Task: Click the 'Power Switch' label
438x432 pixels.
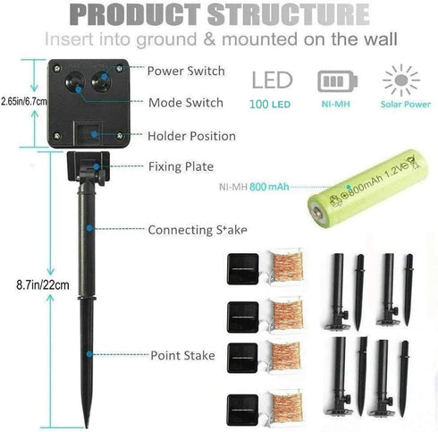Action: click(186, 71)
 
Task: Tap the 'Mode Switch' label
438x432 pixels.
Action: click(186, 103)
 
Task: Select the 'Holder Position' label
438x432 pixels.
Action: click(191, 136)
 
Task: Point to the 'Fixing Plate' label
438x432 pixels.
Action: click(181, 166)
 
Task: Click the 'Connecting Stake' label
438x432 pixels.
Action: click(198, 230)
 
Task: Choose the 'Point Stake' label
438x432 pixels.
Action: click(182, 355)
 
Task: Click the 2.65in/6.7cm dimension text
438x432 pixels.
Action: click(24, 102)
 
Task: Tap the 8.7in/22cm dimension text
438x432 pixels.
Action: click(43, 285)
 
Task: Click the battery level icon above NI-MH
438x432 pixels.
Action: click(337, 81)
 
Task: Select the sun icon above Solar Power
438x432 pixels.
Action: click(401, 80)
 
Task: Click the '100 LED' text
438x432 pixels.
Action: click(270, 105)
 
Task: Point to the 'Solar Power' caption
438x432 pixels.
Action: click(406, 104)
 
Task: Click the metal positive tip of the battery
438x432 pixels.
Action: click(316, 213)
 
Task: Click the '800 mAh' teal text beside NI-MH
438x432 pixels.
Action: click(269, 187)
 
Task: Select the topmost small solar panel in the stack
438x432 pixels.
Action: click(243, 269)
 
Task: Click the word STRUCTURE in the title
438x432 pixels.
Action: click(289, 14)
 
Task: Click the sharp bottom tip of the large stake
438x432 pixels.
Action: click(87, 427)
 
